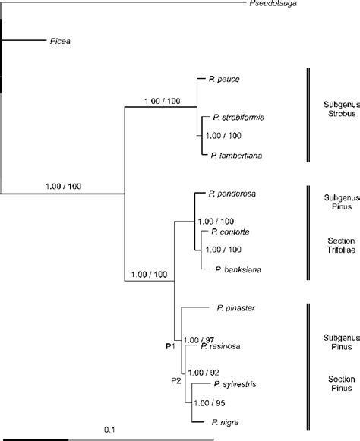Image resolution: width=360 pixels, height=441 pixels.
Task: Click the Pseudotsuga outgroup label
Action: click(x=271, y=5)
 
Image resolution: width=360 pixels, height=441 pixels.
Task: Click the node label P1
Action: click(x=171, y=345)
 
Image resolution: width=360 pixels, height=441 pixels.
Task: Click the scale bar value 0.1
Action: click(x=109, y=430)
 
